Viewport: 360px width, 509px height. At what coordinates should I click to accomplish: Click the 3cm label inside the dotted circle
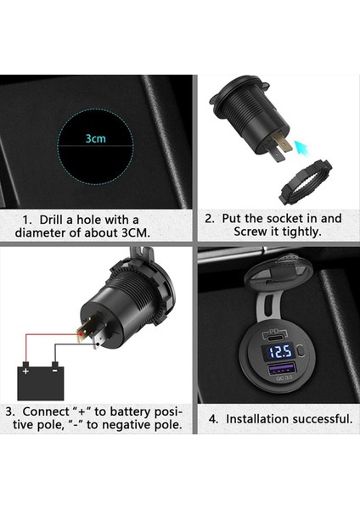94,137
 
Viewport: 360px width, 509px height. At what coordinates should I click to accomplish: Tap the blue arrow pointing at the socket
285,145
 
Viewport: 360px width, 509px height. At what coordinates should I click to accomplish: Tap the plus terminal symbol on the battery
25,371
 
